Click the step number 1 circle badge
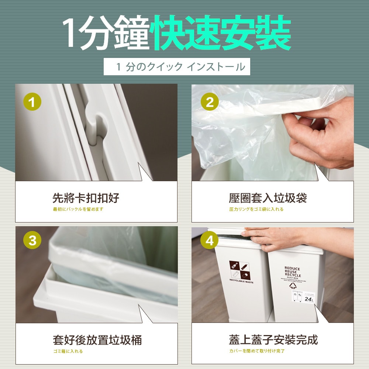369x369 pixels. point(32,102)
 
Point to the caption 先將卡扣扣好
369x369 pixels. point(86,198)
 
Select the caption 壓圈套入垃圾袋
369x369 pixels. point(268,198)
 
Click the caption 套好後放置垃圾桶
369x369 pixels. point(97,339)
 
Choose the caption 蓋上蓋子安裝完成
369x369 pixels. point(273,339)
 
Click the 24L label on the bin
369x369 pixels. point(309,299)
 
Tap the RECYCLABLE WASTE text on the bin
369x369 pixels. point(241,282)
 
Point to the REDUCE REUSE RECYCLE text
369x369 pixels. point(292,272)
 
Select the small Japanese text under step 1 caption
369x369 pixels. point(78,209)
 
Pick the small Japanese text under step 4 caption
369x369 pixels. point(257,351)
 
